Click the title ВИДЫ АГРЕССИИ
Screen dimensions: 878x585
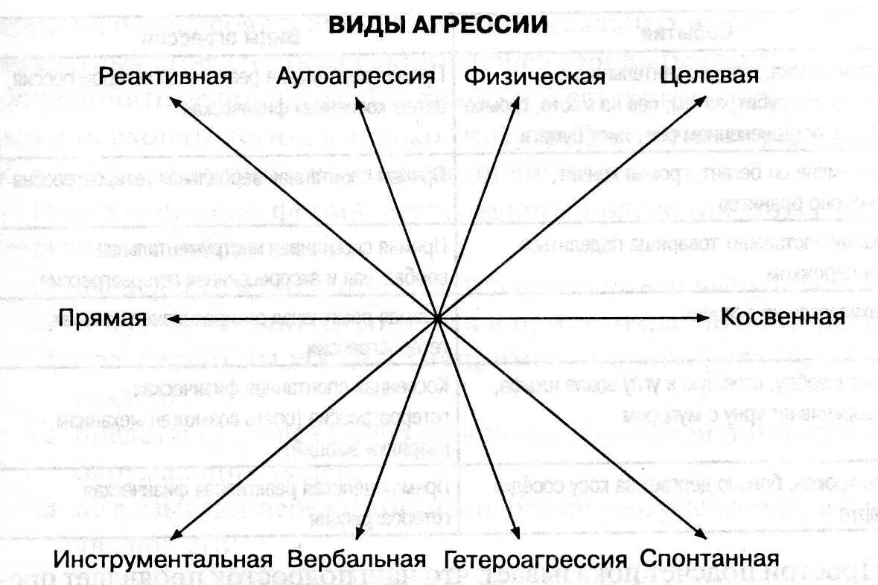click(x=439, y=25)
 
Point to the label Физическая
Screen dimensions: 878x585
click(x=535, y=77)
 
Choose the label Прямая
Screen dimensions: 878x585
click(x=102, y=318)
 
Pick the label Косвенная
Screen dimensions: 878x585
click(x=783, y=317)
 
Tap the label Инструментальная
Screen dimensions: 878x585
click(x=162, y=559)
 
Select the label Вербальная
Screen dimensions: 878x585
click(x=357, y=559)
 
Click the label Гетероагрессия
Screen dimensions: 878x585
click(x=535, y=560)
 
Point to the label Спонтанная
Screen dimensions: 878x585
click(x=709, y=558)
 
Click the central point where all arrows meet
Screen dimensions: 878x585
click(x=438, y=318)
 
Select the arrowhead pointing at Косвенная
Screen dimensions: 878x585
click(x=703, y=318)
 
